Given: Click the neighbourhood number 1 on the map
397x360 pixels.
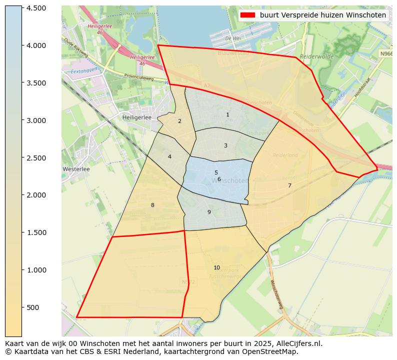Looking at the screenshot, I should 227,115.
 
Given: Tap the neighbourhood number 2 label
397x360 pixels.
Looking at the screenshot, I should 179,121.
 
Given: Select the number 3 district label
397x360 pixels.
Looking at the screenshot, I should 225,146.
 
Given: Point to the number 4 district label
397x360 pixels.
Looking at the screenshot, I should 169,157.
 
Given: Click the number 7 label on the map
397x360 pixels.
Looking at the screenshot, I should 289,186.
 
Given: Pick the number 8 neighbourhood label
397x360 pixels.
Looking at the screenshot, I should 152,205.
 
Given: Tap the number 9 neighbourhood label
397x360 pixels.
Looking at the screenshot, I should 209,212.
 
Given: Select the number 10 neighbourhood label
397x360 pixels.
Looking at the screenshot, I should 216,268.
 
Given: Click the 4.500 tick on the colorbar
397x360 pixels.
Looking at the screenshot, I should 36,8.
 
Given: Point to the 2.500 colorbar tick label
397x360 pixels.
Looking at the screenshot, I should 36,158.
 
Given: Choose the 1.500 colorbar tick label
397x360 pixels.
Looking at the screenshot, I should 36,232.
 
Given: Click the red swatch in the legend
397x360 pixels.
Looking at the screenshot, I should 247,15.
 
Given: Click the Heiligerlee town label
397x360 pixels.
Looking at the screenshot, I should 137,117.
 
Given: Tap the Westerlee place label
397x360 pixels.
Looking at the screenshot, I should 76,169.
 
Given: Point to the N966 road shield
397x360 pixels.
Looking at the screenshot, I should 385,53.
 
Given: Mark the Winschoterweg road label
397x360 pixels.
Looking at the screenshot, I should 276,296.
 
